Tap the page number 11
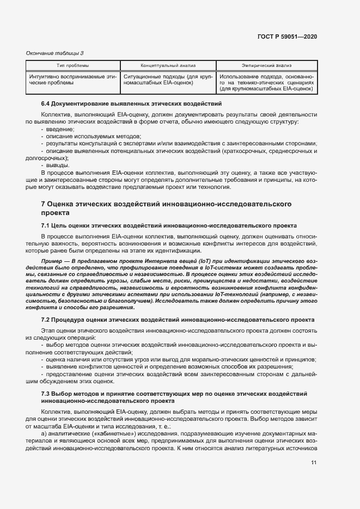(x=314, y=463)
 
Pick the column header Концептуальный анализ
(x=168, y=65)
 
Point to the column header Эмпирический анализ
(x=266, y=65)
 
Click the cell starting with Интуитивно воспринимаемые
(x=73, y=79)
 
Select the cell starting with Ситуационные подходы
(x=168, y=79)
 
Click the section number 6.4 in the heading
(x=46, y=103)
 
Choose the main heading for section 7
(x=166, y=208)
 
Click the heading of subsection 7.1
(x=169, y=225)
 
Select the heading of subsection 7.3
(x=174, y=396)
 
